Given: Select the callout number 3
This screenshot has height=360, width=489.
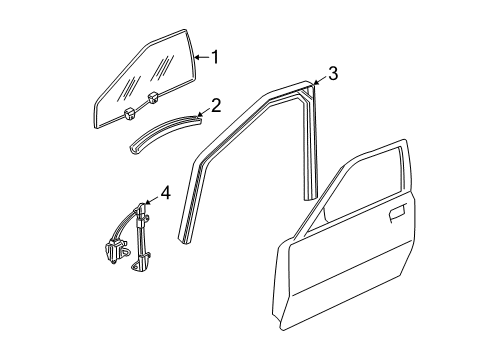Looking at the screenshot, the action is click(333, 72).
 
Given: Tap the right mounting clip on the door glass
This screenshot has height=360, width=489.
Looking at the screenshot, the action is click(154, 98).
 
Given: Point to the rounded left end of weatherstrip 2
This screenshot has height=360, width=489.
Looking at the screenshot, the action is click(132, 151).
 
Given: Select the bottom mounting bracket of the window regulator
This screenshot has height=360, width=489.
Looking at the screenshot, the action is click(146, 264).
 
